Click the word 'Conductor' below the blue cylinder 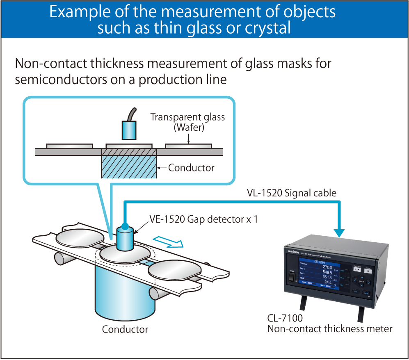125,329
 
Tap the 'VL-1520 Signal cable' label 291,193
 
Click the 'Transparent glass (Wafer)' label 187,122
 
